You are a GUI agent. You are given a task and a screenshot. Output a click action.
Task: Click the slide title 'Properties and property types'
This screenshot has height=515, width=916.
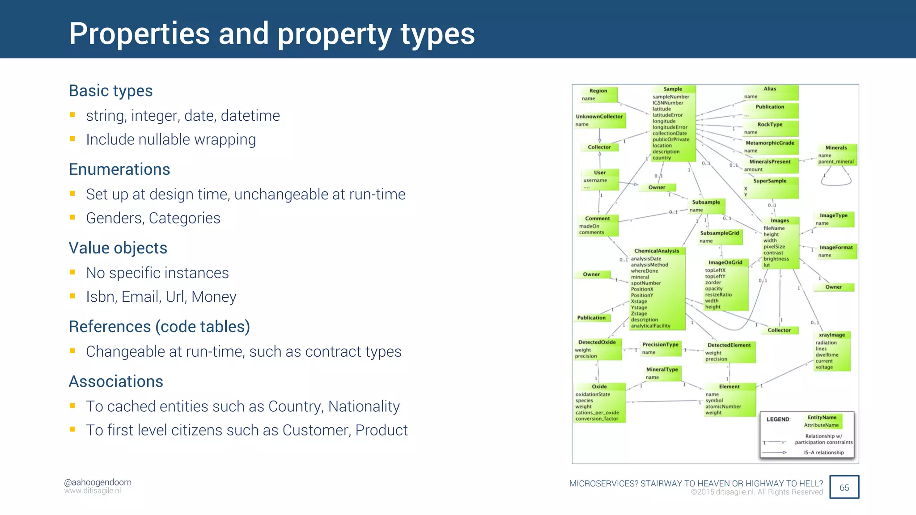[x=271, y=34]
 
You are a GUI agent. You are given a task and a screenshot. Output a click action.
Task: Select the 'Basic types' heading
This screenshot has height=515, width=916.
[x=110, y=91]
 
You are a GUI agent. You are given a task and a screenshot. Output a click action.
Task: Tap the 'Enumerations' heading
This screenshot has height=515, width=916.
[x=119, y=169]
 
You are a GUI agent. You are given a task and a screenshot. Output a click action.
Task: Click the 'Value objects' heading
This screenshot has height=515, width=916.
[x=118, y=248]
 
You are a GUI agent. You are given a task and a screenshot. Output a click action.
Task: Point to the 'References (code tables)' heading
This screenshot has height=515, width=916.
[x=159, y=327]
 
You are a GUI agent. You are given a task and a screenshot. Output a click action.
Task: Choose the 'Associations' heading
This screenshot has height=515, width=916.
[x=116, y=381]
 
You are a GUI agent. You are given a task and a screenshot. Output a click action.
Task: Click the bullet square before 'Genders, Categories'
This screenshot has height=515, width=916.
[x=72, y=218]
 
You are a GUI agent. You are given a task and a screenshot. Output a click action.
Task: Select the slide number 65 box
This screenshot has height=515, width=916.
[x=844, y=487]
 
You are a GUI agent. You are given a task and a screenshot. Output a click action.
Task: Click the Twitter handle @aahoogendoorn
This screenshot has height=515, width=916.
[x=98, y=482]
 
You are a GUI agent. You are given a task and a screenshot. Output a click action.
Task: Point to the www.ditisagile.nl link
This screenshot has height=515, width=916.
[x=92, y=491]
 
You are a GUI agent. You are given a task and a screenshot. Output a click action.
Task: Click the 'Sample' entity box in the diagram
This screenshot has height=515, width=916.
[x=673, y=123]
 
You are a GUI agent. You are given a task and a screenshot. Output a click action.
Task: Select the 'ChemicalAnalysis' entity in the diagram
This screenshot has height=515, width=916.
[x=657, y=288]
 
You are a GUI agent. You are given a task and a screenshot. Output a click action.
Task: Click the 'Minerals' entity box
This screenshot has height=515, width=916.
[x=836, y=155]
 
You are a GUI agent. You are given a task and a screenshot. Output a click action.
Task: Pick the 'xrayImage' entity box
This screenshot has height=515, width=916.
[x=832, y=351]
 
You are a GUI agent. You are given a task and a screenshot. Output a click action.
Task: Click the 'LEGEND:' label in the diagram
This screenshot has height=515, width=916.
[x=778, y=419]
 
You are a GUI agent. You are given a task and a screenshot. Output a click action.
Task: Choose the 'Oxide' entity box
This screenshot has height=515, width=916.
[x=599, y=402]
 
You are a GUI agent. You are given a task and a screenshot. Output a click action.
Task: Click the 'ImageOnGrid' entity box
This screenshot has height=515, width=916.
[x=725, y=285]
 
